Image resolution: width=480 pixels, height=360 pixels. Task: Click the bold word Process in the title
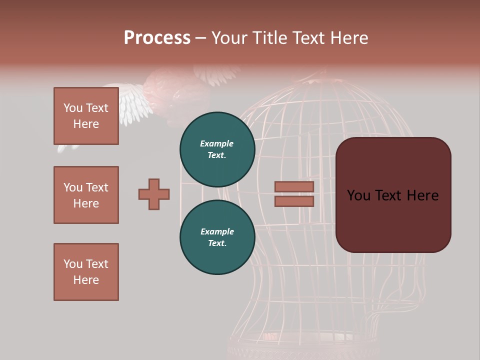157,38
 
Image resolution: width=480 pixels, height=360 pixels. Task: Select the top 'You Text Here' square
86,116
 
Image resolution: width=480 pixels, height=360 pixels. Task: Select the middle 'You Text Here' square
86,195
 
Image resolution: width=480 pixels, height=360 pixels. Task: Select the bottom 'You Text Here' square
86,272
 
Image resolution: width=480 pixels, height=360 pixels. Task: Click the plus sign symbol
154,194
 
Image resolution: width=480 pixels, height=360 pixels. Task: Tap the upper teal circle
217,149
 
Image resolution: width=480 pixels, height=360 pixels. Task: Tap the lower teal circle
217,237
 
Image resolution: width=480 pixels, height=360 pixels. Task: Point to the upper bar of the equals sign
294,186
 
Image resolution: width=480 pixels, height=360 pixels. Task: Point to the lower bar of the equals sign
294,201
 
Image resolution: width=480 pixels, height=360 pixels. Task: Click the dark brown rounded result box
393,220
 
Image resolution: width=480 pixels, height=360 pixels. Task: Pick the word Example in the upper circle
217,143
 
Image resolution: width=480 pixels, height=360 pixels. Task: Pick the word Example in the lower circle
217,231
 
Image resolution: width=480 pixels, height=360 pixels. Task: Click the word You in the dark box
358,195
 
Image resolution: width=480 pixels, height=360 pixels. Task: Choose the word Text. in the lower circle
217,243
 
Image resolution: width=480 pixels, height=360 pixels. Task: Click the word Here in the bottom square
86,280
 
